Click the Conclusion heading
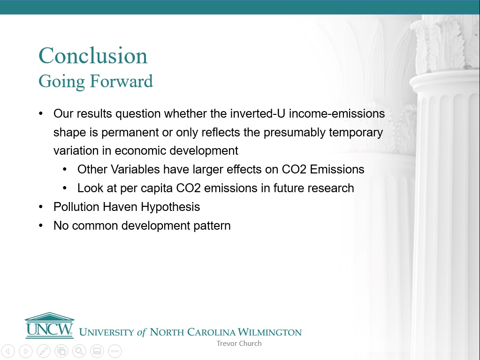[x=93, y=56]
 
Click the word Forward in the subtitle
[x=121, y=81]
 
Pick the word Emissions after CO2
[x=337, y=169]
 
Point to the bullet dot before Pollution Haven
[x=41, y=207]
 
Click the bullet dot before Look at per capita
[x=65, y=188]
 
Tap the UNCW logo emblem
[x=49, y=325]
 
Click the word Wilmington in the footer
[x=269, y=332]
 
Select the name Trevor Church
[x=239, y=344]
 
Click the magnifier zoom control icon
[x=79, y=351]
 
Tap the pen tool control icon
[x=44, y=351]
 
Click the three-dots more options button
[x=115, y=351]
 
